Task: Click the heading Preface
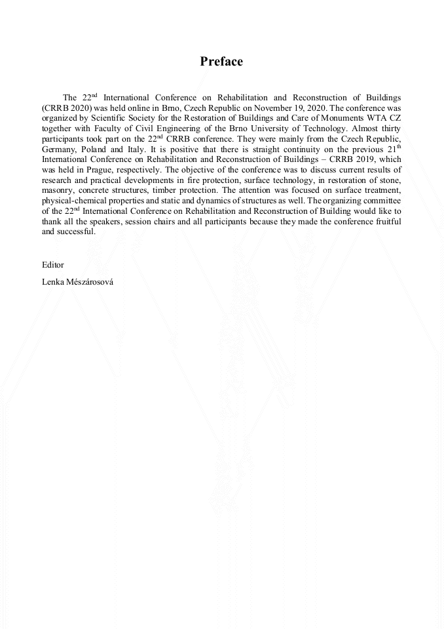point(221,62)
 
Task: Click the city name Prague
point(97,168)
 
